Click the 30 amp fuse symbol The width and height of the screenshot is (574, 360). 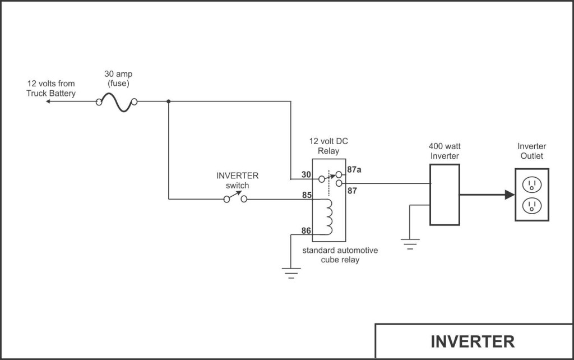(x=117, y=102)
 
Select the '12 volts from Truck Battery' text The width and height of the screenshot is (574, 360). (x=50, y=89)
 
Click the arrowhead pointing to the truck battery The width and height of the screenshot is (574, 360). (x=49, y=102)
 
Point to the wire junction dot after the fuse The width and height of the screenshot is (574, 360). (x=169, y=102)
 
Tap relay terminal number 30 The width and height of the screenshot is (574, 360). (x=306, y=175)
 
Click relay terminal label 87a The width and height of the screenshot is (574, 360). (x=354, y=169)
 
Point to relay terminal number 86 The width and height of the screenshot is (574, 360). (x=306, y=230)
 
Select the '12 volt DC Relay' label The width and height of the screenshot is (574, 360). (x=328, y=146)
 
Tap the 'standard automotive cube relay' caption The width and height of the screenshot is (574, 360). (x=340, y=255)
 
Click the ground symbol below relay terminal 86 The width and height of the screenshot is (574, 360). (x=290, y=273)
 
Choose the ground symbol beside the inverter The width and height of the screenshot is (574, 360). (x=410, y=242)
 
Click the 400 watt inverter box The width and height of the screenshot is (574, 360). (x=445, y=195)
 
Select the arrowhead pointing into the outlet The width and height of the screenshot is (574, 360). (x=509, y=195)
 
